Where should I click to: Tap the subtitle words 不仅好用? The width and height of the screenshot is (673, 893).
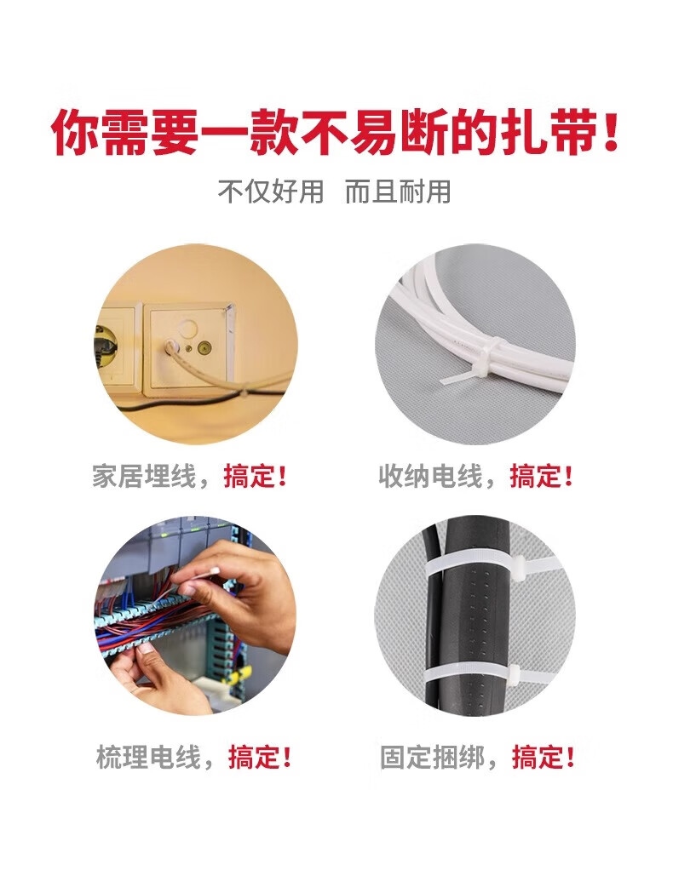pyautogui.click(x=271, y=192)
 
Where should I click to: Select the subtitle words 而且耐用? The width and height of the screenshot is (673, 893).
pyautogui.click(x=398, y=192)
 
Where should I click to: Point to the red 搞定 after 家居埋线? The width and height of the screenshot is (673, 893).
pyautogui.click(x=250, y=476)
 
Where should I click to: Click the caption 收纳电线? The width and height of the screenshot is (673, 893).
pyautogui.click(x=430, y=476)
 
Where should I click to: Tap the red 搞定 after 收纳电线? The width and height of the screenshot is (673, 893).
pyautogui.click(x=536, y=476)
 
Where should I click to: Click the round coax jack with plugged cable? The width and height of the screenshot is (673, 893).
pyautogui.click(x=170, y=346)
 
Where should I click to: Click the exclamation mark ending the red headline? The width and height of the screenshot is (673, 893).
pyautogui.click(x=611, y=133)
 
